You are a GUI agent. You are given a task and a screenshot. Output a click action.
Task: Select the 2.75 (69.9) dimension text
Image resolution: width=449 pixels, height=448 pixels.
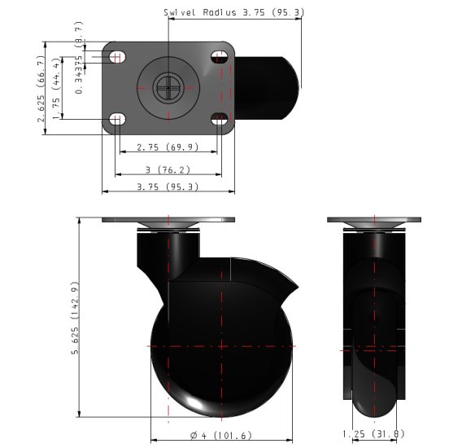168,147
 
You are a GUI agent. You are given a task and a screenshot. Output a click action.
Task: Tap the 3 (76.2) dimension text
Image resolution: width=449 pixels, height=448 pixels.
168,169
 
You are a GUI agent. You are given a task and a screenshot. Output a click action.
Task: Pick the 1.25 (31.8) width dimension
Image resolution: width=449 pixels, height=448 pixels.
373,433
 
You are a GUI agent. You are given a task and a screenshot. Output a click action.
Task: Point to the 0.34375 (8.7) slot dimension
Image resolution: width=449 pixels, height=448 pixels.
78,65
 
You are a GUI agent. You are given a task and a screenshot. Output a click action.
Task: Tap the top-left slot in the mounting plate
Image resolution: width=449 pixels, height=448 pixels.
117,57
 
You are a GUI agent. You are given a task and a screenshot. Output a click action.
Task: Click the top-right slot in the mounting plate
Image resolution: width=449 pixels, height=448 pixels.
220,57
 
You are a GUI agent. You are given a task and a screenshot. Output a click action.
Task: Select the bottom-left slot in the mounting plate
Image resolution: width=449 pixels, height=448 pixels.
117,120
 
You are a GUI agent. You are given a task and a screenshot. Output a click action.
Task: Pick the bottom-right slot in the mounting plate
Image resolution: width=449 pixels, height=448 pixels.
220,120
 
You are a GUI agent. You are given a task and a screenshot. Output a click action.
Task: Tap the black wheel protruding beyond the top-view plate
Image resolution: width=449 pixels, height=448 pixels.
268,81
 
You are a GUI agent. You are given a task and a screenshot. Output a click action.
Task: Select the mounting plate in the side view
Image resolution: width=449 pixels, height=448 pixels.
168,220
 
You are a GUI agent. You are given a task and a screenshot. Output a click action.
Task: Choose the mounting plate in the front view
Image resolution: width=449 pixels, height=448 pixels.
374,220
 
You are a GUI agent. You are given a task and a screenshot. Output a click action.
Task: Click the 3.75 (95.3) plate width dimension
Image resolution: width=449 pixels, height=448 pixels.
168,187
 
